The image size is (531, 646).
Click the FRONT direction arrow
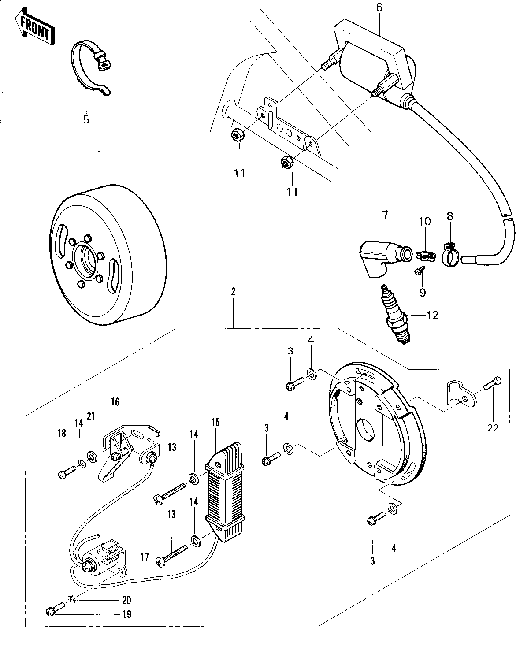[x=34, y=27]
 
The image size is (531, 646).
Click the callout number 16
[x=115, y=402]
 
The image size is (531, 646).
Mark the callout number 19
[x=126, y=614]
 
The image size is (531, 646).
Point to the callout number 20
[x=126, y=600]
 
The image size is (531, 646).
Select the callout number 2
[x=233, y=291]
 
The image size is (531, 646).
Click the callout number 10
[x=425, y=221]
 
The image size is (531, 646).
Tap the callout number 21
[x=91, y=416]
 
